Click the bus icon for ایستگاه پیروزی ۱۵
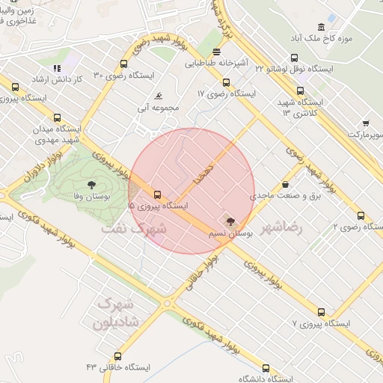tap(157, 194)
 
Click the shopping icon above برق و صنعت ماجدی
tap(285, 185)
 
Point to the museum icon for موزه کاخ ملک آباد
tap(320, 26)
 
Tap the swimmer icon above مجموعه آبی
tap(159, 96)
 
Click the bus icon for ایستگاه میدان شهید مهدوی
tap(58, 117)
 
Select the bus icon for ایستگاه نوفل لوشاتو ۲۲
tap(294, 58)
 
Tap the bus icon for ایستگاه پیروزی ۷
tap(322, 313)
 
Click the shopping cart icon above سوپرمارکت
tap(366, 123)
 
